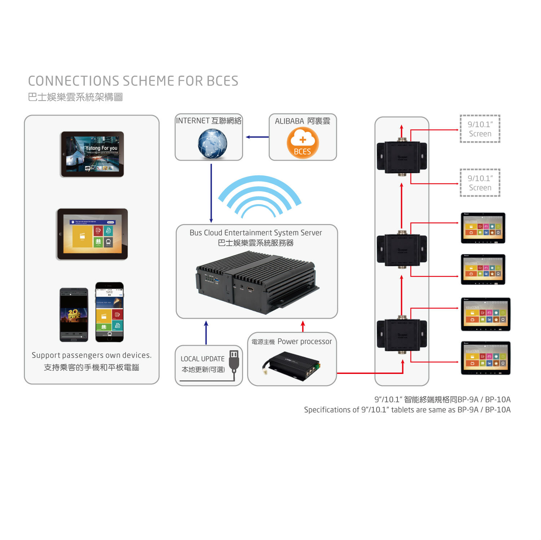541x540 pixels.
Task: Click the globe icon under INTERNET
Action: coord(212,144)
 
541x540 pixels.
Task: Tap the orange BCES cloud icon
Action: coord(303,143)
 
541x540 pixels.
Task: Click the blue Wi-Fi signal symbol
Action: coord(259,196)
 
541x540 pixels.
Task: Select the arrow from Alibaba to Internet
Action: coord(257,137)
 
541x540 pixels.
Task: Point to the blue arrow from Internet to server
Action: coord(211,193)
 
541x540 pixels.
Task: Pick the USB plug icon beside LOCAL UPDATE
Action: coord(234,362)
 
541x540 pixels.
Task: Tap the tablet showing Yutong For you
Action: coord(92,154)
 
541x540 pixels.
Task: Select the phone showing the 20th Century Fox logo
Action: coord(74,314)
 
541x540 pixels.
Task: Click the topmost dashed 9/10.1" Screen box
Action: coord(480,129)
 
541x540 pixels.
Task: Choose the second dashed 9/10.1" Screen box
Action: coord(480,183)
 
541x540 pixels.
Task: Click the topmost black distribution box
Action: coord(402,157)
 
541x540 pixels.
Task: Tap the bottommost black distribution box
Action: coord(402,334)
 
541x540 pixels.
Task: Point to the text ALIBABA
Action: coord(289,121)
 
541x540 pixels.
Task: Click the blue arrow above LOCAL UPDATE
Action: coord(206,333)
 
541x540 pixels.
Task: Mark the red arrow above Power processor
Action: coord(303,326)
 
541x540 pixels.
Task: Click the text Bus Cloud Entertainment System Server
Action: coord(256,233)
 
